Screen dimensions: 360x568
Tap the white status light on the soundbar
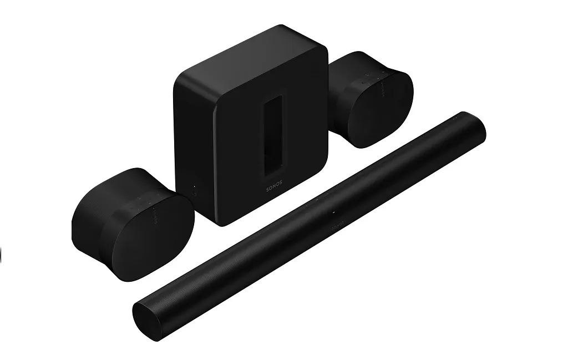point(333,213)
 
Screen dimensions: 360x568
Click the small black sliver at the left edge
point(1,255)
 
